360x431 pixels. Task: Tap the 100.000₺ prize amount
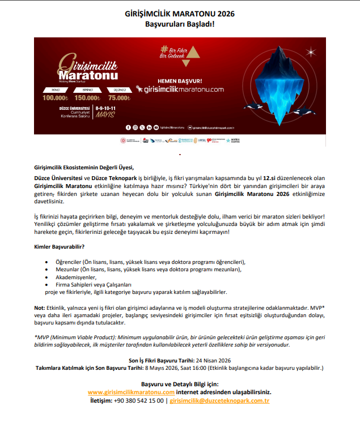point(56,97)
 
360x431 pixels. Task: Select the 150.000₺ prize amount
point(88,97)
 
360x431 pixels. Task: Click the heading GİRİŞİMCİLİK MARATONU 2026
point(179,13)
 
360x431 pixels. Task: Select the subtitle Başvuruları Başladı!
point(179,24)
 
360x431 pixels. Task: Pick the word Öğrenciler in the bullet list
point(67,262)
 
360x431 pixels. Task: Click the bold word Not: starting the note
point(39,307)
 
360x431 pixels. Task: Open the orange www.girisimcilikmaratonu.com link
point(131,391)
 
